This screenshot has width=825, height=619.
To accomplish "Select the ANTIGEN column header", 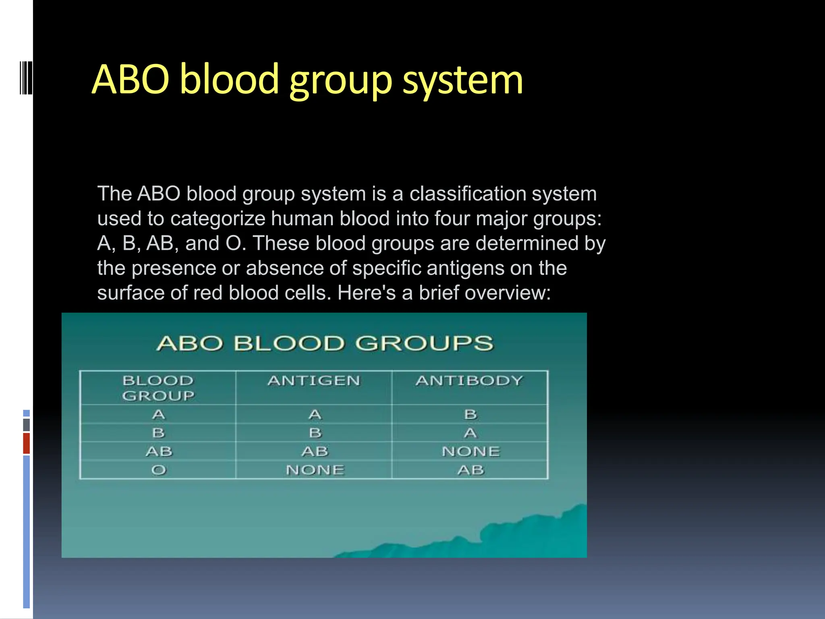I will pyautogui.click(x=314, y=381).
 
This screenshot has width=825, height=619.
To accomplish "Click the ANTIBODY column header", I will pyautogui.click(x=470, y=381).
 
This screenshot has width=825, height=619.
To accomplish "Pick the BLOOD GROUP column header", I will pyautogui.click(x=158, y=388).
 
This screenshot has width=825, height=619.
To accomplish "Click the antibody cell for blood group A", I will pyautogui.click(x=470, y=415).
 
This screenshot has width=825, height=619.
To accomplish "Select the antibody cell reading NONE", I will pyautogui.click(x=471, y=451).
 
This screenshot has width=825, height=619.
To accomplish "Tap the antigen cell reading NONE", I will pyautogui.click(x=315, y=470).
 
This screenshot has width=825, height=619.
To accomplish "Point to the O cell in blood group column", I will pyautogui.click(x=158, y=470).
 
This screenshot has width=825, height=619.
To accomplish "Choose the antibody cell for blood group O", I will pyautogui.click(x=471, y=470).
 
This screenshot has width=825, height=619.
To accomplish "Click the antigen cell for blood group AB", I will pyautogui.click(x=315, y=451).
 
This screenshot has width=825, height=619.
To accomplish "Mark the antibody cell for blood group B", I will pyautogui.click(x=470, y=433).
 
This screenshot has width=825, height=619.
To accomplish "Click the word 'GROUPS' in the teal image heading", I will pyautogui.click(x=424, y=344).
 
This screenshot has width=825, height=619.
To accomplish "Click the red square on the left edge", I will pyautogui.click(x=26, y=443).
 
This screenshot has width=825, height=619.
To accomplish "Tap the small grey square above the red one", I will pyautogui.click(x=26, y=425).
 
